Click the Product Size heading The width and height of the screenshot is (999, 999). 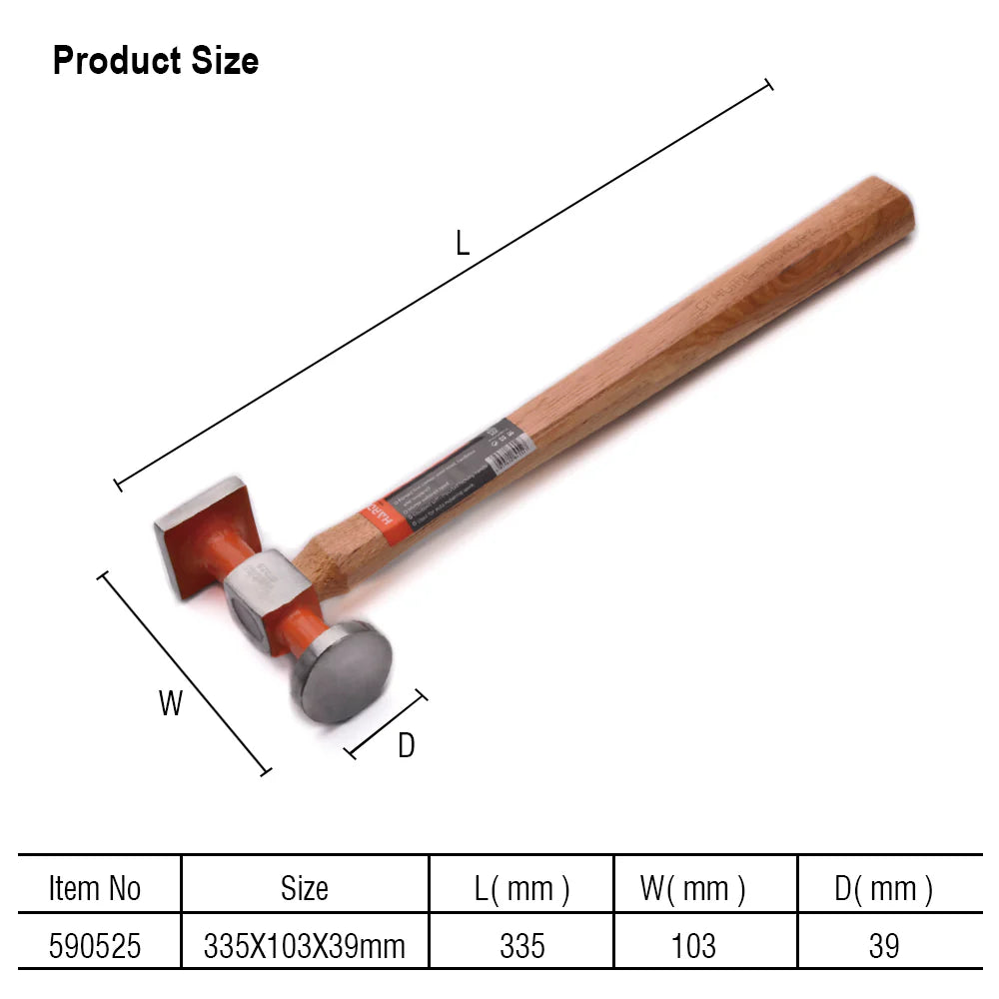(x=155, y=61)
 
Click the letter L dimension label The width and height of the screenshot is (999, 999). (x=463, y=243)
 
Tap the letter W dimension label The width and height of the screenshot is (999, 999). (x=171, y=703)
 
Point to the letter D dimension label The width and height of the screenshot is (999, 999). (x=406, y=745)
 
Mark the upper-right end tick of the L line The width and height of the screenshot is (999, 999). (x=768, y=85)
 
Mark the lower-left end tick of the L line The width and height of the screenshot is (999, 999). (x=118, y=485)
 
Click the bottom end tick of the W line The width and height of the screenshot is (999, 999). (x=266, y=770)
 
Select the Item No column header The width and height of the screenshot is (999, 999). (x=95, y=888)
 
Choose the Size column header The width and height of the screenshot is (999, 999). (x=305, y=888)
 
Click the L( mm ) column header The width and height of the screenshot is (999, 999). (x=522, y=888)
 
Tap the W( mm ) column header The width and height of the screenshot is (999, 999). (x=692, y=888)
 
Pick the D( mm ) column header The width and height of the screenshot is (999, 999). (x=883, y=888)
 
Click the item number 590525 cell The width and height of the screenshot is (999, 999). (x=95, y=945)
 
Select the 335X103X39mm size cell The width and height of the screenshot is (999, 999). (x=305, y=945)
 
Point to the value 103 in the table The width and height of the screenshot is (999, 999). (x=693, y=945)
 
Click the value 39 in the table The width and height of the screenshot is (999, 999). (x=883, y=945)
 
